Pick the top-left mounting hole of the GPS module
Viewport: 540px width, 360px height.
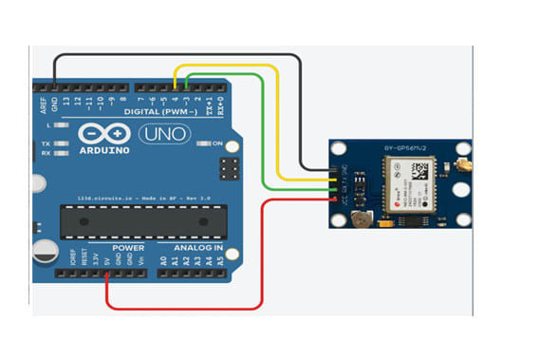click(x=339, y=149)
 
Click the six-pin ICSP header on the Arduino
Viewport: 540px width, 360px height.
click(x=228, y=170)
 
